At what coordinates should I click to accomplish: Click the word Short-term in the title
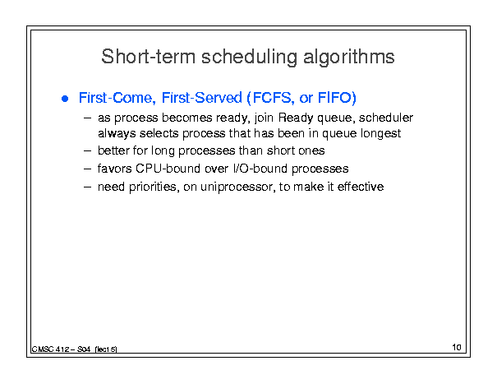coord(149,57)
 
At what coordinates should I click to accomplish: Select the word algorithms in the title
coord(348,58)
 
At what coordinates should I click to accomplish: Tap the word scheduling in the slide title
coord(249,58)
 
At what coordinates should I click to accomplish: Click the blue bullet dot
coord(65,99)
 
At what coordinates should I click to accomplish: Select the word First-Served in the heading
coord(201,98)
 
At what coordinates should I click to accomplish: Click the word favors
coord(114,169)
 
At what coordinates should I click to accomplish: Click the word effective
coord(361,187)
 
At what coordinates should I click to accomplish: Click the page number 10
coord(457,347)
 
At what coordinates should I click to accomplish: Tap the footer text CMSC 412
coord(50,349)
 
